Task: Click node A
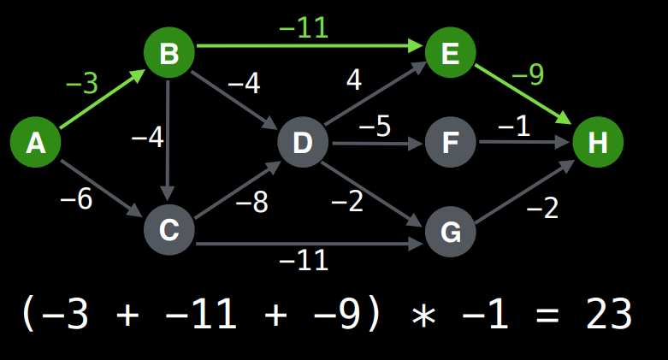(x=35, y=142)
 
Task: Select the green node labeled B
(x=169, y=54)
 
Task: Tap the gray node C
(x=169, y=229)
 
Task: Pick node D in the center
(x=303, y=142)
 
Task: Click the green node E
(x=450, y=54)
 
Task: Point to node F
(x=450, y=142)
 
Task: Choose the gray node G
(x=450, y=230)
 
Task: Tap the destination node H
(x=598, y=142)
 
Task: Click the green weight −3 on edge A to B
(x=82, y=84)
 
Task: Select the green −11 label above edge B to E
(x=304, y=27)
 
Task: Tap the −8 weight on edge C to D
(x=251, y=203)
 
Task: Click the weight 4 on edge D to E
(x=353, y=80)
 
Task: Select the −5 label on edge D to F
(x=375, y=127)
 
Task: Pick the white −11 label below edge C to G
(x=304, y=260)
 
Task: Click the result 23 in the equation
(x=609, y=315)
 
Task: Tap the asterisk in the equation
(x=423, y=316)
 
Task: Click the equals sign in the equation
(x=541, y=315)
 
